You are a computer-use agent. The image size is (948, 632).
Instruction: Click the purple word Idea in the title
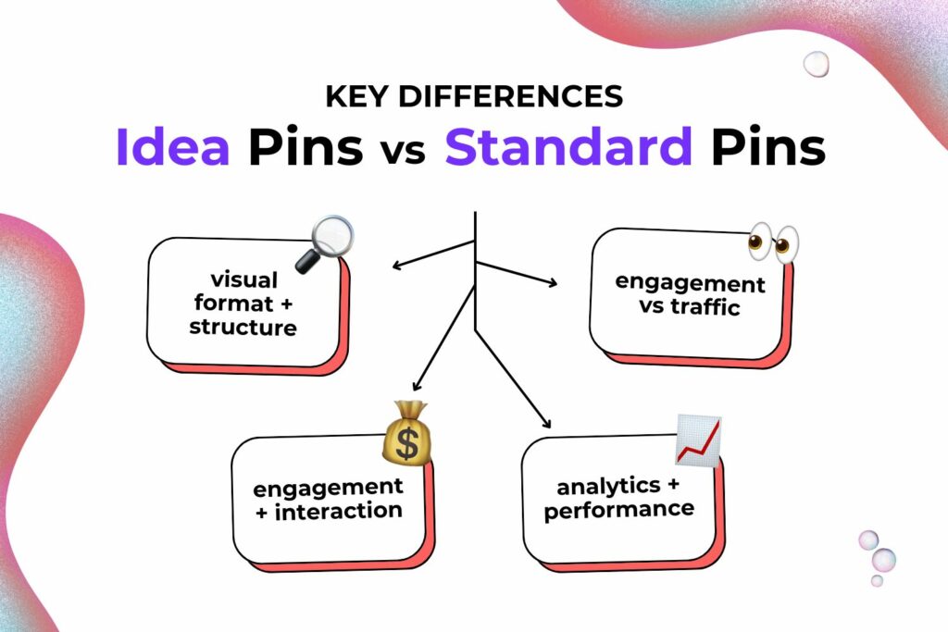point(173,147)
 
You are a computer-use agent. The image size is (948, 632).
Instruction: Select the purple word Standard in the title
point(568,147)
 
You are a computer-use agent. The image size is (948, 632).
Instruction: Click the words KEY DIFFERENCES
point(473,95)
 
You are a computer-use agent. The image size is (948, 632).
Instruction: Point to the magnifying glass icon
point(324,243)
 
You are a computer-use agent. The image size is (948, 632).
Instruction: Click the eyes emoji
point(774,242)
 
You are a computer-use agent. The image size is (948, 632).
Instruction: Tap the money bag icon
point(404,433)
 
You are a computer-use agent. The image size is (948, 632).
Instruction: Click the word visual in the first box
point(245,279)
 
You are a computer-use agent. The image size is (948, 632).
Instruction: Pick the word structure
point(243,327)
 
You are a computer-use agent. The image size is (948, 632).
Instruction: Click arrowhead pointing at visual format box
point(396,266)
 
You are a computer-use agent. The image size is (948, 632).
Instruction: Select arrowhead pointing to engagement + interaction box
point(417,385)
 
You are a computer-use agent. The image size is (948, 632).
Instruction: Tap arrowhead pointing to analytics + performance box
point(546,424)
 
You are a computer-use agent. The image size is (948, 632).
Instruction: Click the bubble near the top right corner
point(816,64)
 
